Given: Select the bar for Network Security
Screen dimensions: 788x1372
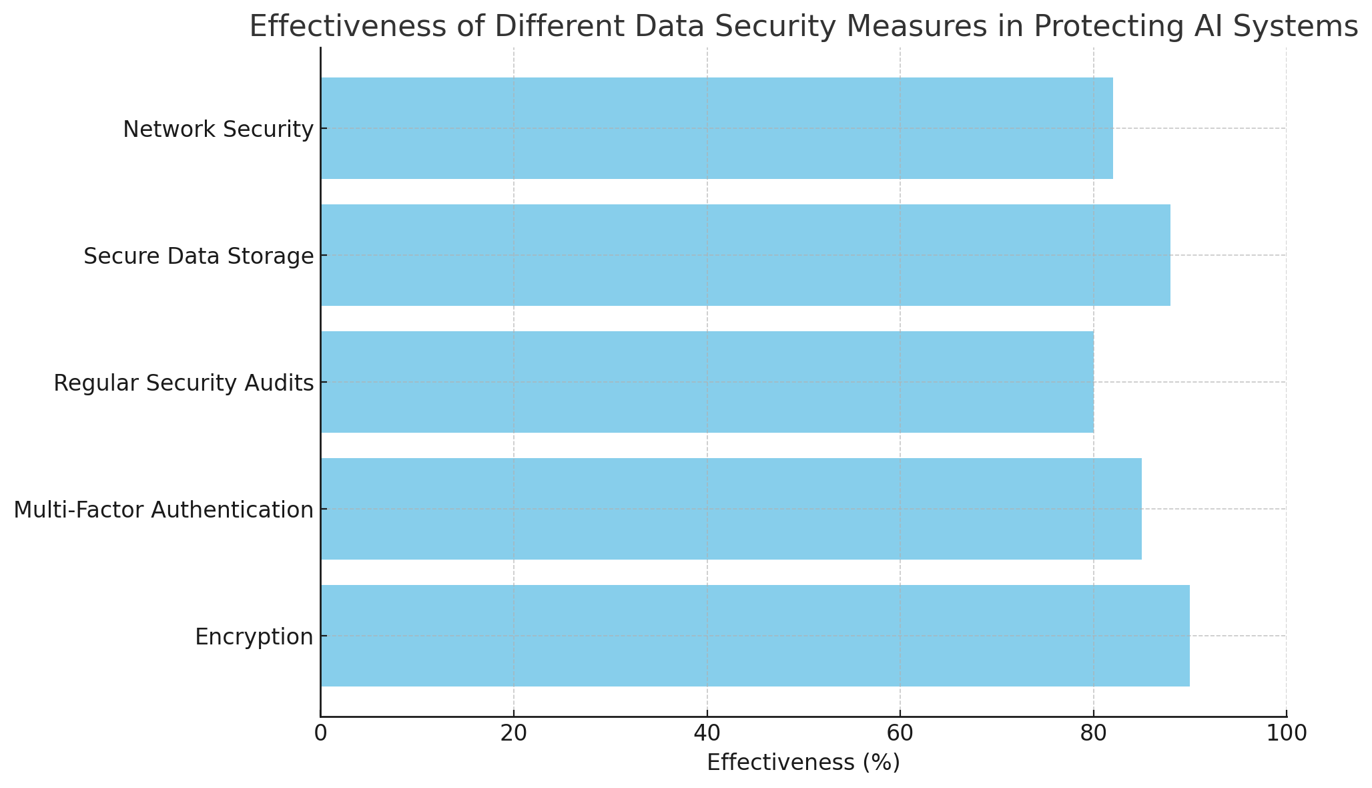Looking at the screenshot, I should click(717, 128).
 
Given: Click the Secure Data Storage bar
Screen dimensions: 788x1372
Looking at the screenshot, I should click(745, 255).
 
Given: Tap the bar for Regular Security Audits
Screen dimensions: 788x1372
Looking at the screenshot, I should click(707, 382).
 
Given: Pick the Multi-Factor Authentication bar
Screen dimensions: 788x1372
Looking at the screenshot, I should click(731, 509).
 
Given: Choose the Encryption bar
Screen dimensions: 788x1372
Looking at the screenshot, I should click(755, 636).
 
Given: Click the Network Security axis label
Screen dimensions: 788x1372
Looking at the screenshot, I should click(218, 130).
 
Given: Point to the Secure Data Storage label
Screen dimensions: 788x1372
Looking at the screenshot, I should click(198, 256).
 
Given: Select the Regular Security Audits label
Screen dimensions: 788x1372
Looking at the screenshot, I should click(184, 383).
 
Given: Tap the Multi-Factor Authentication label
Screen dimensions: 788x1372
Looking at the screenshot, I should click(163, 510).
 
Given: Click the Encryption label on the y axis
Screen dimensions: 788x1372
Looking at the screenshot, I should click(254, 637).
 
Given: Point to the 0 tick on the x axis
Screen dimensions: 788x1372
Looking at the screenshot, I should click(320, 733).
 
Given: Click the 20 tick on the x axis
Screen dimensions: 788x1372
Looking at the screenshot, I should click(513, 733).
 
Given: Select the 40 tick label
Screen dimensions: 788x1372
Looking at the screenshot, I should click(707, 733).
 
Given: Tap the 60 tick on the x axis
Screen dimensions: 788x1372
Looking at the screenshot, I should click(900, 733).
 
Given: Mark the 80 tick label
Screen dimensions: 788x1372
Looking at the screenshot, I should click(1093, 733).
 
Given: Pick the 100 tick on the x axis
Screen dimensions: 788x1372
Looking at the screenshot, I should click(1286, 733).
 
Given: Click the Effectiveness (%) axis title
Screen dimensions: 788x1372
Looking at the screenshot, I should click(803, 763).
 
